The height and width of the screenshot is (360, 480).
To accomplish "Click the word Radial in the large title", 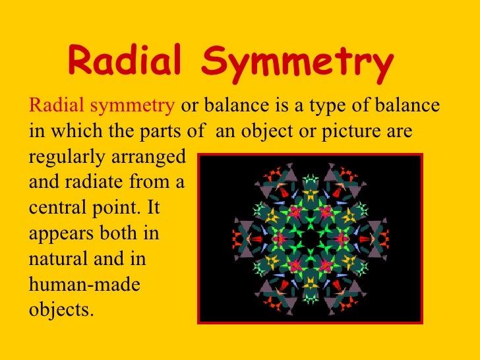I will [x=126, y=63].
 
